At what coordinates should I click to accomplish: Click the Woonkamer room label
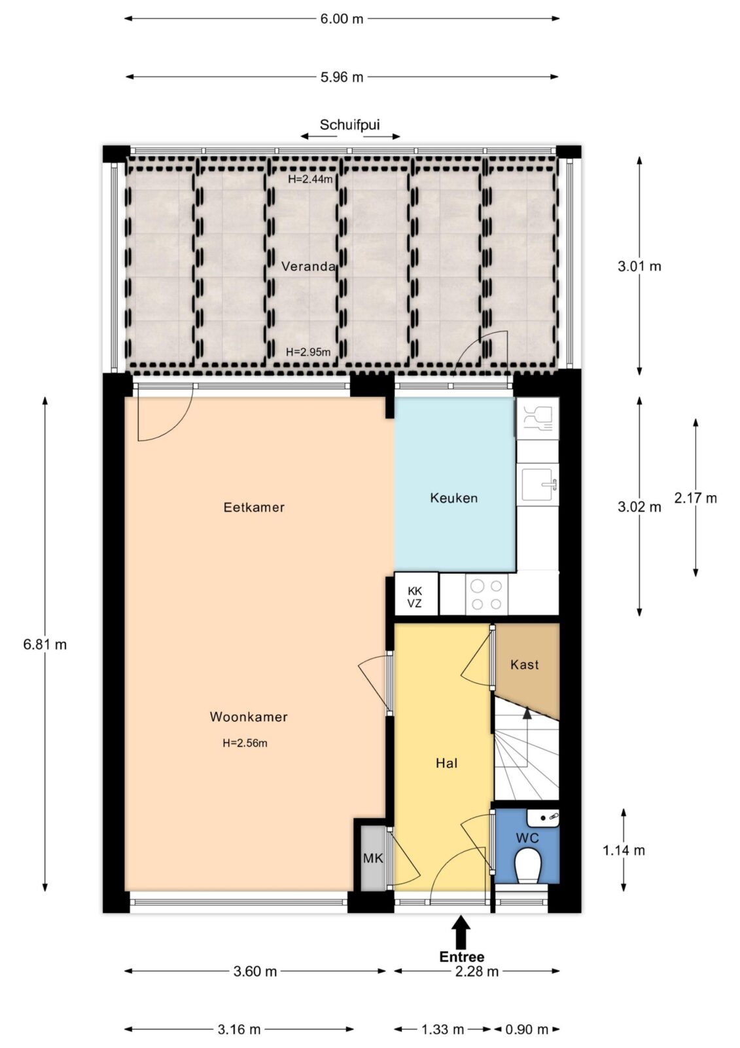248,717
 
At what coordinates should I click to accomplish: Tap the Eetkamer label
254,507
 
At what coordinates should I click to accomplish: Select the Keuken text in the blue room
454,498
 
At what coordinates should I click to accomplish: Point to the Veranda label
309,266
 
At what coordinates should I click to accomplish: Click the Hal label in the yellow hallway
446,763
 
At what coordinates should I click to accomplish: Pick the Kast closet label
525,664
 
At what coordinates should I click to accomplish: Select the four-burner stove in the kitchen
487,594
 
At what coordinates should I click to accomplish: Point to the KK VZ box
416,593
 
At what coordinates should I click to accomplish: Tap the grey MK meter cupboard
373,858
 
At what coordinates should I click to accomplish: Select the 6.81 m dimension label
45,645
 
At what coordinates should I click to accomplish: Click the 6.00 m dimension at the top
342,19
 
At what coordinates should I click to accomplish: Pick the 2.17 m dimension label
695,498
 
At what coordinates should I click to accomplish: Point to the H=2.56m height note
245,743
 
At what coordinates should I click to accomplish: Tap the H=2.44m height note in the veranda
310,179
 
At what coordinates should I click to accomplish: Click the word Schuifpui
349,124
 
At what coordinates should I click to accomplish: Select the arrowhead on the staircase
527,713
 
